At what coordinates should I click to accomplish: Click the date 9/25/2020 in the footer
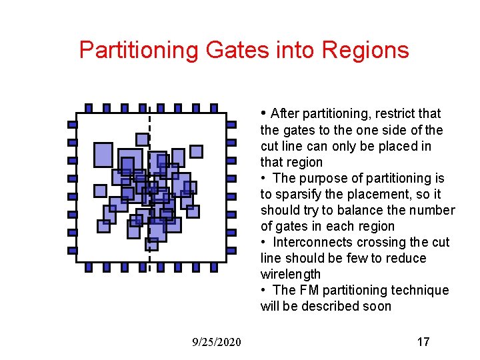click(x=217, y=342)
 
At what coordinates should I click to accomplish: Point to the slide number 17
click(x=423, y=342)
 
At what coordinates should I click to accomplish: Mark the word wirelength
click(x=291, y=274)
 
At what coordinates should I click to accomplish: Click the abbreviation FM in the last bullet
click(x=308, y=290)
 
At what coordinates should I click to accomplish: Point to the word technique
click(x=423, y=290)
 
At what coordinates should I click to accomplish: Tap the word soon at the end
click(x=376, y=306)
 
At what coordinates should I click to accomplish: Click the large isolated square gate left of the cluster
click(x=103, y=155)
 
